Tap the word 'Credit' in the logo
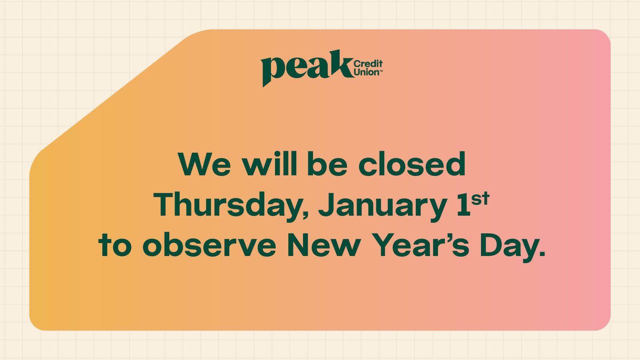[x=368, y=64]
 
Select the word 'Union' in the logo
[x=366, y=72]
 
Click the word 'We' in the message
[x=204, y=164]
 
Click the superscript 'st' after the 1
[x=480, y=199]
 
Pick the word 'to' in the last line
[x=115, y=245]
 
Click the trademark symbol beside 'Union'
[x=381, y=70]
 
